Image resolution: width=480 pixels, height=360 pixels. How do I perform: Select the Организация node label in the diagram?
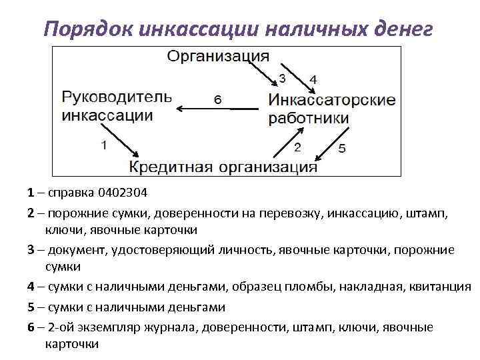click(x=218, y=55)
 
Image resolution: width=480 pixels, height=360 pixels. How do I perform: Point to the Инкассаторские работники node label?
click(x=331, y=109)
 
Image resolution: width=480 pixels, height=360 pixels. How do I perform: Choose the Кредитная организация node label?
click(x=223, y=166)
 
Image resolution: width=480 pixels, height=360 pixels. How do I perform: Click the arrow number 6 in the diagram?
click(x=217, y=100)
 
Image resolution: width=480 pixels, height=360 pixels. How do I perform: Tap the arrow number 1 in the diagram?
click(x=103, y=144)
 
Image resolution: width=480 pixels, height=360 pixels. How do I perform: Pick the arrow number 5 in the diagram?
click(x=342, y=149)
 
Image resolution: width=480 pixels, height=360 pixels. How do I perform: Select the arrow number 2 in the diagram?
click(x=297, y=146)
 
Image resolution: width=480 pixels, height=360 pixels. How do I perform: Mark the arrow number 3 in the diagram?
click(x=282, y=79)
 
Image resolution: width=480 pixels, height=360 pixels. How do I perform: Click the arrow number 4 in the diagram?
click(x=313, y=79)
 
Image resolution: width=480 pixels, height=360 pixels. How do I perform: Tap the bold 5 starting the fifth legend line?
click(x=31, y=307)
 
